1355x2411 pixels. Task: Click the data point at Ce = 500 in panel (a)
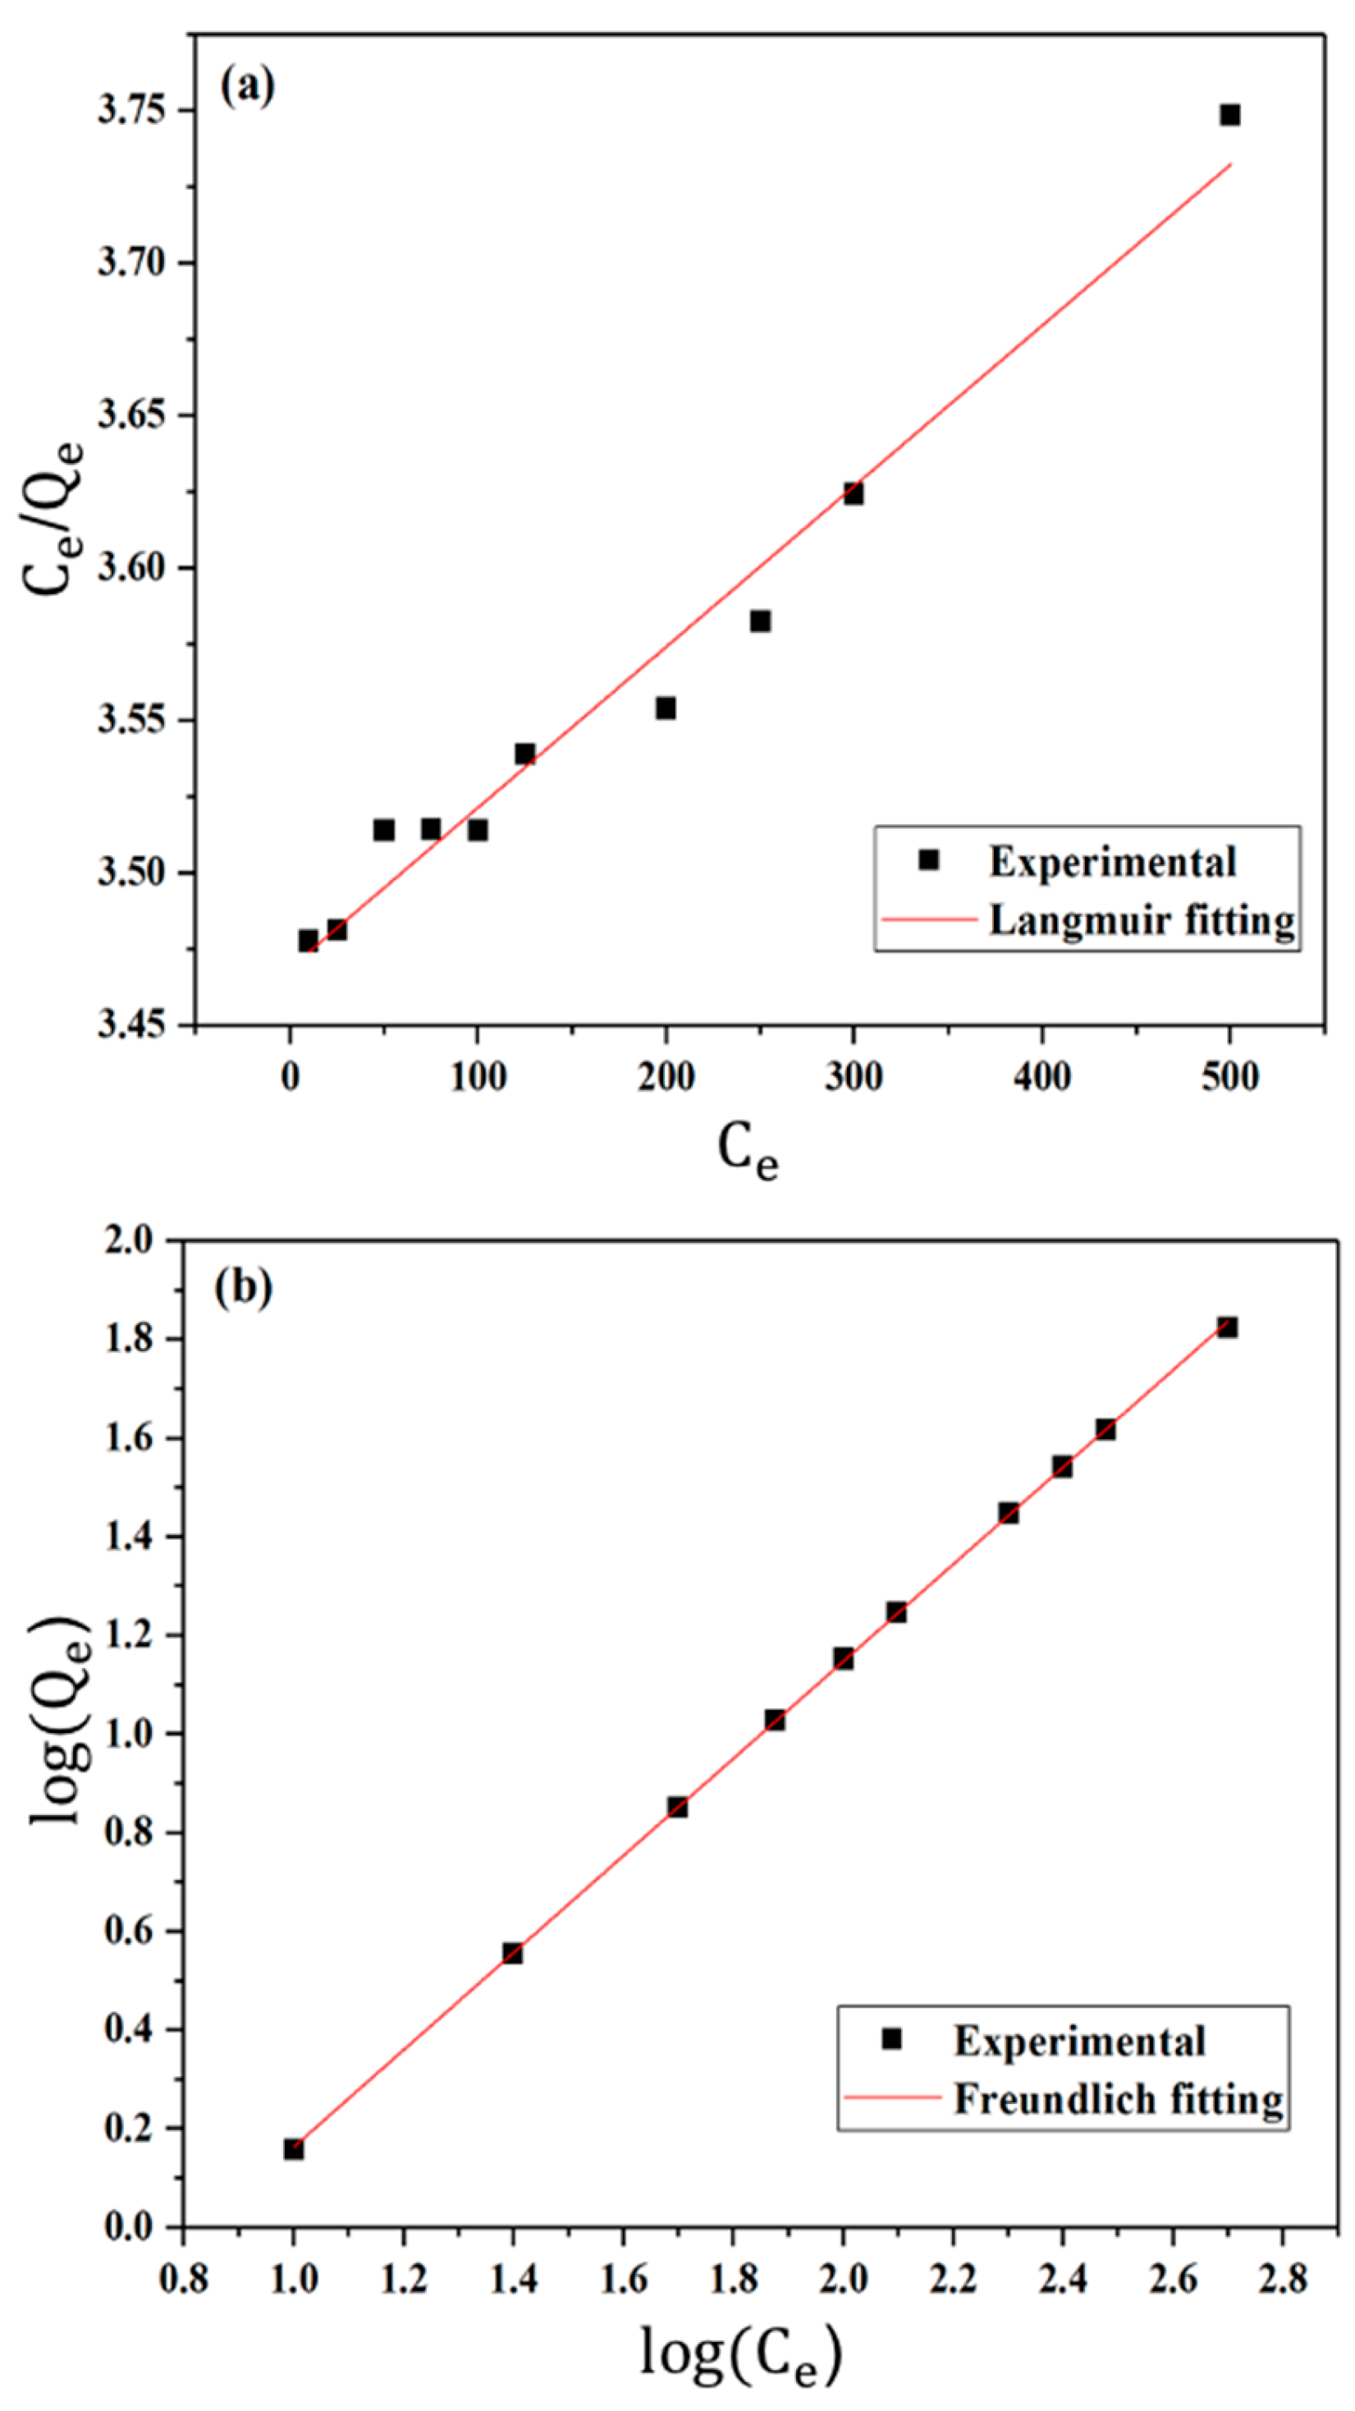1229,115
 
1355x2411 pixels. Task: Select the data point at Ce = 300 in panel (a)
853,493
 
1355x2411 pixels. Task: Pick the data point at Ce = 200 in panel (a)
666,708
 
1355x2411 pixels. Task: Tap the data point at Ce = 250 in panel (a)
760,621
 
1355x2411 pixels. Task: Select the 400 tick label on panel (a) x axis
1041,1077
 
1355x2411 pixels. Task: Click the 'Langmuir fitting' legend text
1142,920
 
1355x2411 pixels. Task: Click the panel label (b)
243,1288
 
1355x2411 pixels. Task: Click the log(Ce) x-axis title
741,2351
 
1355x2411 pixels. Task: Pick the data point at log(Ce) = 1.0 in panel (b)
294,2149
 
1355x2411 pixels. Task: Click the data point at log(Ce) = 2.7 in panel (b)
1227,1327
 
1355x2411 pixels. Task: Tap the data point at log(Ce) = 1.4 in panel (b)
512,1953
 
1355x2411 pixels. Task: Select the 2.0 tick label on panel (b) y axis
131,1241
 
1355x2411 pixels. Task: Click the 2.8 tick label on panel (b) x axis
1282,2280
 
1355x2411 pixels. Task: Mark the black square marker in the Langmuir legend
928,860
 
